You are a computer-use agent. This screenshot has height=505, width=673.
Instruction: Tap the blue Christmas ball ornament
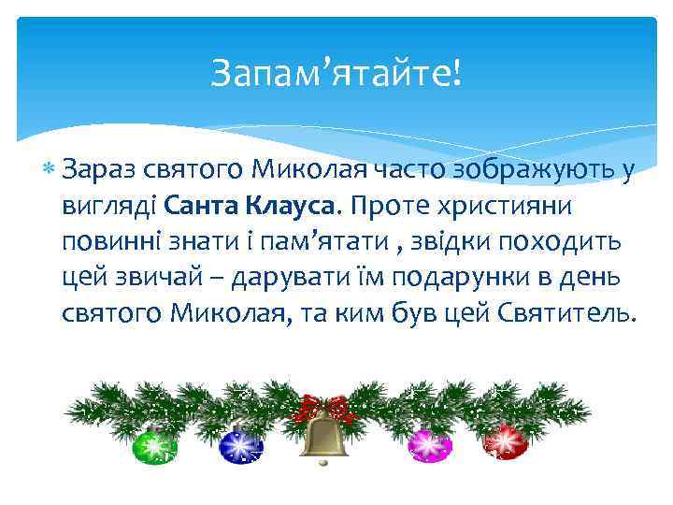pyautogui.click(x=241, y=444)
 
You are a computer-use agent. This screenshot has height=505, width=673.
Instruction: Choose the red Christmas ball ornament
pyautogui.click(x=505, y=440)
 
